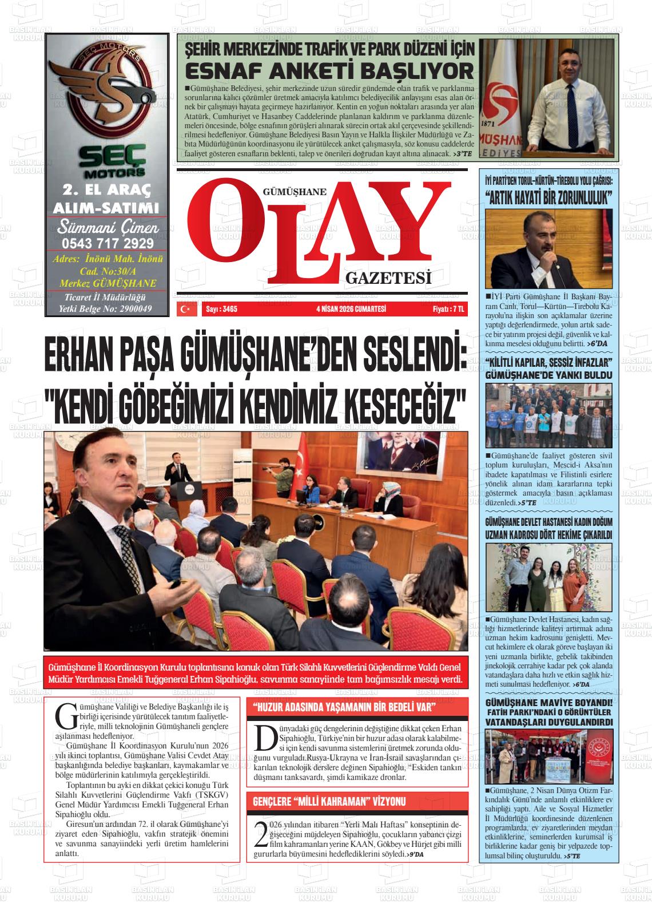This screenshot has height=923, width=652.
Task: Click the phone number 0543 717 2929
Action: click(x=108, y=243)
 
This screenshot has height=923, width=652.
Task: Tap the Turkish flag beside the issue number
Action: click(x=185, y=309)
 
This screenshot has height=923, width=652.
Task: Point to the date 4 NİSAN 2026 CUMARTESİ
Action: click(x=351, y=309)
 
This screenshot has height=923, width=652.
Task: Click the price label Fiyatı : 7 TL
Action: click(x=448, y=309)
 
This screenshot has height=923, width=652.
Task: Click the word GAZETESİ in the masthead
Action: click(x=387, y=278)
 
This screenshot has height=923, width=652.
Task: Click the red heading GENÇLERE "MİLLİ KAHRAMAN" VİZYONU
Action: click(x=329, y=801)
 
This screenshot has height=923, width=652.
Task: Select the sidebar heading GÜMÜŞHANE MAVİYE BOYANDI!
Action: click(x=548, y=703)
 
